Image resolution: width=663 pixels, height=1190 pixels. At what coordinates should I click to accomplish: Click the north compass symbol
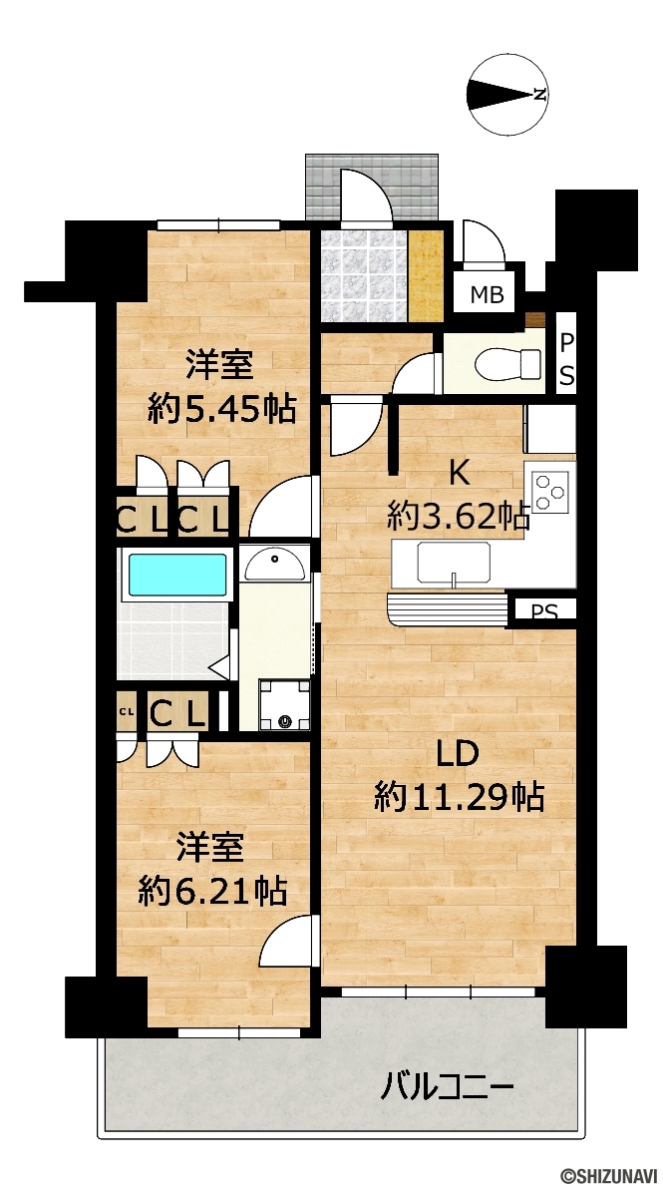(509, 95)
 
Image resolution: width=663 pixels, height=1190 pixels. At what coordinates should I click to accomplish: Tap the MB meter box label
(487, 295)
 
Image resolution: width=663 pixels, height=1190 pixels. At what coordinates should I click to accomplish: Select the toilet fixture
(507, 363)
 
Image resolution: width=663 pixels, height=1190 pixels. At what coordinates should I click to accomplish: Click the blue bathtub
(178, 576)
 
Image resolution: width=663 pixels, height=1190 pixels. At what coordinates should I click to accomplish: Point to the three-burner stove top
(550, 491)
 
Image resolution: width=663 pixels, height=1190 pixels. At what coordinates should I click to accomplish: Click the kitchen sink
(454, 562)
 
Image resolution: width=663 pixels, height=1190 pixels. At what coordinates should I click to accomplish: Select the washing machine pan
(284, 705)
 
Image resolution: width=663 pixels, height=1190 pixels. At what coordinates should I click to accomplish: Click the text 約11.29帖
(459, 798)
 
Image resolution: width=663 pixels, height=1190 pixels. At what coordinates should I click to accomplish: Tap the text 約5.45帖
(220, 410)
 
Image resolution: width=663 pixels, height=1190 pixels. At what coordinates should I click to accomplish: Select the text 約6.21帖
(212, 890)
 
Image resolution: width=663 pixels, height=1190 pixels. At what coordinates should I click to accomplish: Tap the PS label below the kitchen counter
(540, 610)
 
